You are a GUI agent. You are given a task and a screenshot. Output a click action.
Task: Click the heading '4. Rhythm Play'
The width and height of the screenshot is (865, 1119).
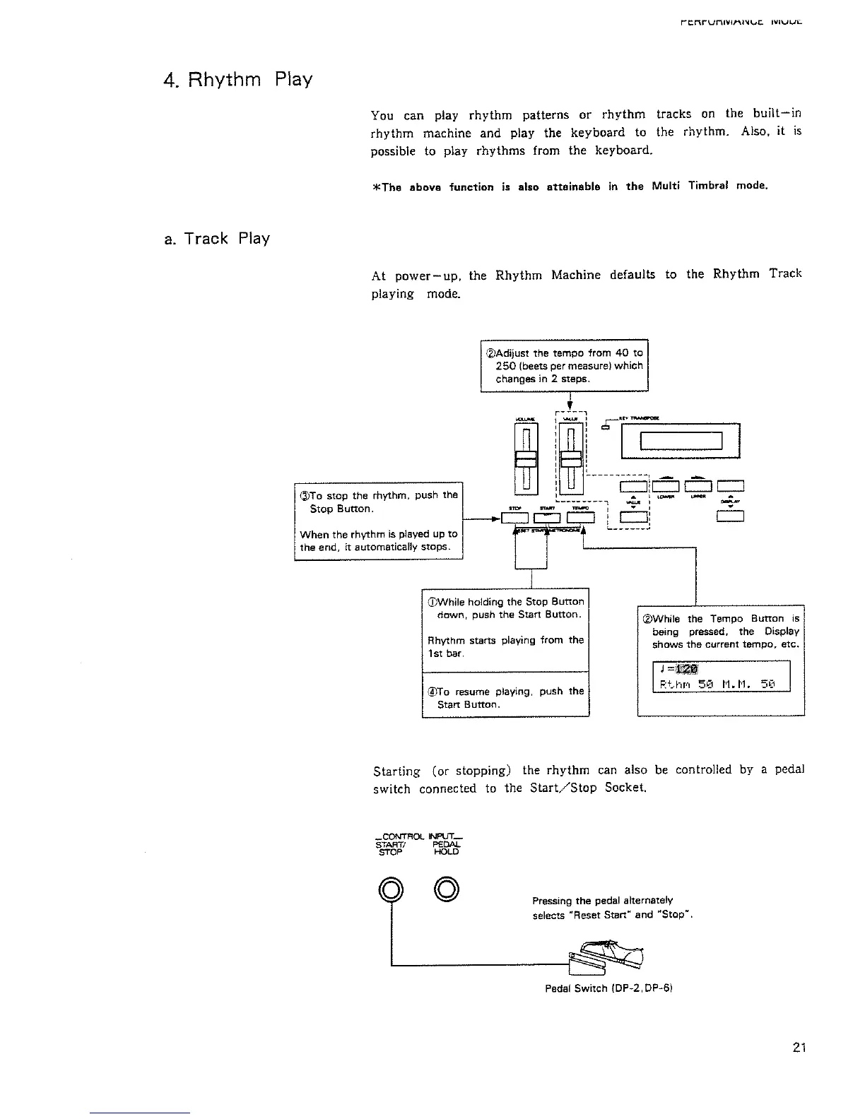pos(237,79)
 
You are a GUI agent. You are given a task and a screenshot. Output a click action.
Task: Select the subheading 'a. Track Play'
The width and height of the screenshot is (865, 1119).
pos(216,239)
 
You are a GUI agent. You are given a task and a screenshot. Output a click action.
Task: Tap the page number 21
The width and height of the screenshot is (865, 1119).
pos(799,1048)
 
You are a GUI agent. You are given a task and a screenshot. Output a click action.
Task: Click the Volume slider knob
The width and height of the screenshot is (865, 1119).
pos(526,458)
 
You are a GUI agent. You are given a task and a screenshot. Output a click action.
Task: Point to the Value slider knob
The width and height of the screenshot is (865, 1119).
pos(570,458)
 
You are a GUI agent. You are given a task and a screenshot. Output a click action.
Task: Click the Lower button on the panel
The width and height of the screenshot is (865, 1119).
pos(665,485)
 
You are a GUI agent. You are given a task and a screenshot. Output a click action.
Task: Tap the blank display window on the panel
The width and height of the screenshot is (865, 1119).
pos(681,441)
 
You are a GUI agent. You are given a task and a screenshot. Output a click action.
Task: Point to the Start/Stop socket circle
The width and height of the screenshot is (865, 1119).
pos(390,889)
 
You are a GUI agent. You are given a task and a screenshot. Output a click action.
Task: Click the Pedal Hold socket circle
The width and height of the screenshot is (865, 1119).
pos(447,889)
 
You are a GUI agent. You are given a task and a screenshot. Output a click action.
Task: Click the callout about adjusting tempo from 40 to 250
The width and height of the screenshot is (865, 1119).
pos(564,365)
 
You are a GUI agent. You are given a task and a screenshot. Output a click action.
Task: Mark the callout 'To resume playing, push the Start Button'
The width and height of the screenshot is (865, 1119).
pos(505,697)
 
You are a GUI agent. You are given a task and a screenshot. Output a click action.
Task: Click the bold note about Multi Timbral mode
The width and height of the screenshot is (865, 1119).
pos(569,186)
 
